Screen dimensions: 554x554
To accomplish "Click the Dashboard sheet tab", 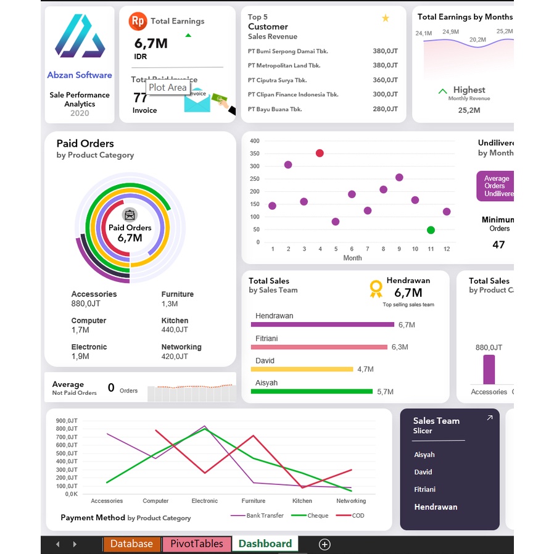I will pyautogui.click(x=265, y=544).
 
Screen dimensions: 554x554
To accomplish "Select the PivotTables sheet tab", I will pyautogui.click(x=196, y=544).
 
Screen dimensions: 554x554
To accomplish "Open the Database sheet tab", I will pyautogui.click(x=131, y=544).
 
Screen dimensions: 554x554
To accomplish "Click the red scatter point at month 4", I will pyautogui.click(x=320, y=153).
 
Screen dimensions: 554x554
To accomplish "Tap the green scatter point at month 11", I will pyautogui.click(x=431, y=230).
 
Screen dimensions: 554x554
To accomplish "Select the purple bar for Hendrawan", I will pyautogui.click(x=322, y=325).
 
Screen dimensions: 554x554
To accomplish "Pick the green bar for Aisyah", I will pyautogui.click(x=312, y=391).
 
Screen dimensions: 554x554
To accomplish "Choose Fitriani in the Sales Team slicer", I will pyautogui.click(x=425, y=489).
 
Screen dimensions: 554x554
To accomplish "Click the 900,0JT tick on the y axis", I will pyautogui.click(x=67, y=421).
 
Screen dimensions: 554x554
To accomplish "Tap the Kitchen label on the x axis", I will pyautogui.click(x=302, y=501).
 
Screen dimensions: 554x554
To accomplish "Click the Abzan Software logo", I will pyautogui.click(x=80, y=36).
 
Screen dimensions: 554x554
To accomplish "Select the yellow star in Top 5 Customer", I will pyautogui.click(x=386, y=19).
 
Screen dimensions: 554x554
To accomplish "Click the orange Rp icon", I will pyautogui.click(x=138, y=21).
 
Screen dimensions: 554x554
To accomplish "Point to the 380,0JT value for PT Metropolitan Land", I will pyautogui.click(x=385, y=65).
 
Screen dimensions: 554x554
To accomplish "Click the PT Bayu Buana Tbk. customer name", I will pyautogui.click(x=275, y=109).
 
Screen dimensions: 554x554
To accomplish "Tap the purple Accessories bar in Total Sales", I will pyautogui.click(x=489, y=369).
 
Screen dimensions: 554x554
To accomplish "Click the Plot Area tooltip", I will pyautogui.click(x=168, y=88).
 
